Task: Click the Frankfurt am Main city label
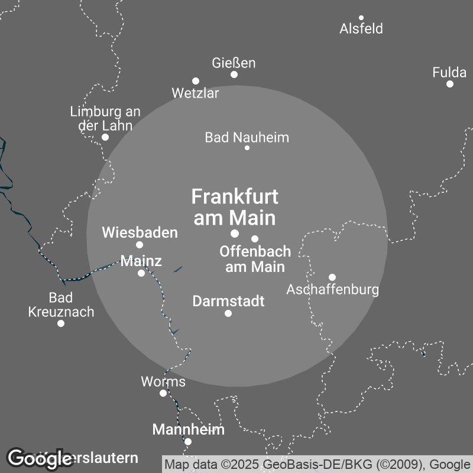coord(235,207)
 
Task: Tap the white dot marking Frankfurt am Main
coord(235,234)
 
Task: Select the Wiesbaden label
coord(140,232)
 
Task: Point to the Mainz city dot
coord(141,273)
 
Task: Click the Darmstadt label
coord(228,301)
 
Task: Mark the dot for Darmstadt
coord(228,313)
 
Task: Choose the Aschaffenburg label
coord(332,290)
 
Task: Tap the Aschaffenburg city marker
coord(332,277)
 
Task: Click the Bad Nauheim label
coord(247,138)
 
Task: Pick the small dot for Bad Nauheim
coord(247,148)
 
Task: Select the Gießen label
coord(234,63)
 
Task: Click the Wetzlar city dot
coord(196,81)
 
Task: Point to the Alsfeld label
coord(361,28)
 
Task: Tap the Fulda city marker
coord(450,84)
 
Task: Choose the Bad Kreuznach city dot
coord(61,323)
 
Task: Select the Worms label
coord(163,381)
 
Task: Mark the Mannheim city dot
coord(188,442)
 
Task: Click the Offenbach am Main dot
coord(255,239)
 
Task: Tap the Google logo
coord(40,458)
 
